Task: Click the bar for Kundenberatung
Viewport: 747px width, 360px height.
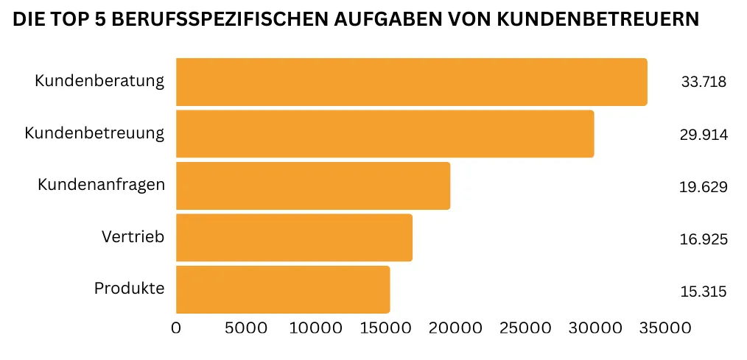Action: [x=411, y=82]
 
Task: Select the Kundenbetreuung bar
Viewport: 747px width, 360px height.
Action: [x=385, y=134]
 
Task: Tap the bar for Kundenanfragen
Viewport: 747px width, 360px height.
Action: [x=313, y=186]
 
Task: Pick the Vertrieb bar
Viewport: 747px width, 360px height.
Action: [x=294, y=238]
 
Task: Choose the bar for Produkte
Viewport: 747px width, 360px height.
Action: [x=283, y=290]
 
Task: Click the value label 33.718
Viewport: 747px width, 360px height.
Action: [x=704, y=82]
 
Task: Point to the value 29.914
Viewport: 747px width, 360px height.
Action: [x=704, y=134]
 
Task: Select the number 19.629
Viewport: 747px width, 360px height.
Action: [x=704, y=186]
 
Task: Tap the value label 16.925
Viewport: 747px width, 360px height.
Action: [x=704, y=239]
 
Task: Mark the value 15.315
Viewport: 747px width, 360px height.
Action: [x=704, y=292]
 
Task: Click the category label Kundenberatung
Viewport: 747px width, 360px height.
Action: [x=99, y=81]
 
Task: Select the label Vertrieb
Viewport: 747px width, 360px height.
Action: [x=133, y=236]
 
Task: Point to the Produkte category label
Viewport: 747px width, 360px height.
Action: [x=129, y=289]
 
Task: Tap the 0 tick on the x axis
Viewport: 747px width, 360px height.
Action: [x=176, y=328]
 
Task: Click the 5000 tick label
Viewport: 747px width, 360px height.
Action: [x=245, y=328]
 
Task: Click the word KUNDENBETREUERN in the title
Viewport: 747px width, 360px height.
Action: [x=597, y=20]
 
